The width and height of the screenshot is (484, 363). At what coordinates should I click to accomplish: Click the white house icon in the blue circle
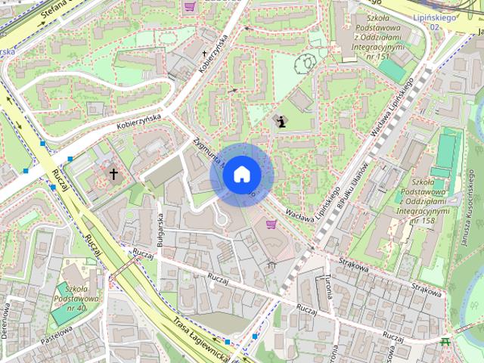click(x=241, y=175)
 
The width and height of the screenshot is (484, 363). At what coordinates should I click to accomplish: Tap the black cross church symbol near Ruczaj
click(x=114, y=175)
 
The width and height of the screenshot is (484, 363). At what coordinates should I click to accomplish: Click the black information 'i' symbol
click(x=282, y=121)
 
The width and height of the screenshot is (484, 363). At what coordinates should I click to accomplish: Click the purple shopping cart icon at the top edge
click(x=189, y=6)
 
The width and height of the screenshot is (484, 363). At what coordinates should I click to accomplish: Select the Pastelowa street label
click(x=57, y=336)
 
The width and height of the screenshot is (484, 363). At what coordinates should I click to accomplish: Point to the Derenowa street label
click(x=7, y=321)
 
